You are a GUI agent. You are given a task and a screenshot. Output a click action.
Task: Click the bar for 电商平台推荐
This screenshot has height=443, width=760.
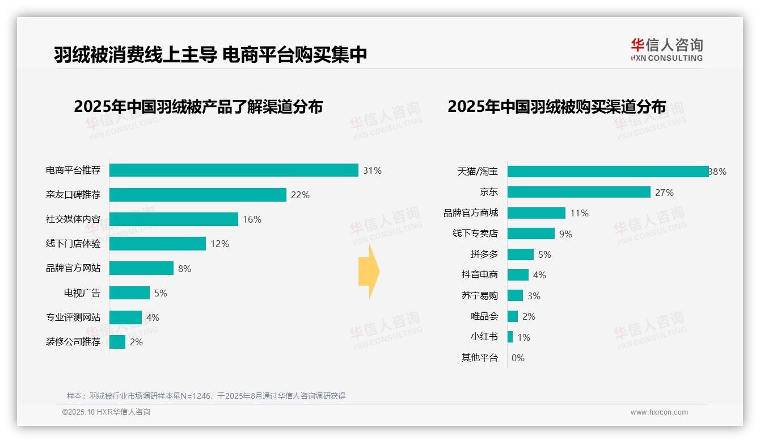click(x=234, y=170)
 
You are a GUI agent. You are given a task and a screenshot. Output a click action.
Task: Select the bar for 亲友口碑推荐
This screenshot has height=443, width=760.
click(x=198, y=195)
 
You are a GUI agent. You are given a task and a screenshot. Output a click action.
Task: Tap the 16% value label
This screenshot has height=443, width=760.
click(x=252, y=219)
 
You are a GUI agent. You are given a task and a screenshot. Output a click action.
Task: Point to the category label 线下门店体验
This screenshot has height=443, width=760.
click(x=73, y=244)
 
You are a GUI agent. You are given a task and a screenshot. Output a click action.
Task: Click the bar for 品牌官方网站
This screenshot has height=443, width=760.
click(x=141, y=268)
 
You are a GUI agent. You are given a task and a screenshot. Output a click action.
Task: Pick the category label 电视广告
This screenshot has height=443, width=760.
click(x=82, y=293)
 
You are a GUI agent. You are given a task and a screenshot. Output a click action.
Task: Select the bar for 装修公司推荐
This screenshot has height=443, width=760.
click(x=117, y=342)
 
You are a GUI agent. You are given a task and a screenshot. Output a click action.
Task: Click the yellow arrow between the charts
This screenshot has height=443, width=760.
click(x=369, y=272)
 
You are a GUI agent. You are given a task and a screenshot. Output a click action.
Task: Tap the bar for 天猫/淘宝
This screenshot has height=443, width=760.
click(x=608, y=172)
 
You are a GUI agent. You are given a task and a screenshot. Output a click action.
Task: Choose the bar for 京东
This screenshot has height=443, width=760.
click(x=579, y=192)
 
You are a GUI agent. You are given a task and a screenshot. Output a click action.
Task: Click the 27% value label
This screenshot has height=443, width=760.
click(x=664, y=193)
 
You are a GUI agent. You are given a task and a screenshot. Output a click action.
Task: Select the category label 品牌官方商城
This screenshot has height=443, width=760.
click(x=471, y=213)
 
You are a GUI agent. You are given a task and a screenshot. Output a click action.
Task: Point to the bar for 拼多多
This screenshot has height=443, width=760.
click(x=521, y=254)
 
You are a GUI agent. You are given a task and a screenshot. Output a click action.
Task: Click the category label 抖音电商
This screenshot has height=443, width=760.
click(x=480, y=275)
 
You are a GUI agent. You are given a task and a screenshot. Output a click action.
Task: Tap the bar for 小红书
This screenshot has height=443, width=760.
click(x=510, y=337)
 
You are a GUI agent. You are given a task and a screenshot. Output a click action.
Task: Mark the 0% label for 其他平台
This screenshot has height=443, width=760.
click(x=518, y=358)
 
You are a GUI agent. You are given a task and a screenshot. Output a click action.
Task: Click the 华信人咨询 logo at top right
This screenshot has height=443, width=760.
click(x=666, y=50)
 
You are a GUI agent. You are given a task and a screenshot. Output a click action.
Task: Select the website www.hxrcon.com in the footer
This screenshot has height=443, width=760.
click(x=659, y=412)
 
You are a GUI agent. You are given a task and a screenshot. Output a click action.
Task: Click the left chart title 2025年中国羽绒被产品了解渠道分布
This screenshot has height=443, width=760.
click(x=198, y=107)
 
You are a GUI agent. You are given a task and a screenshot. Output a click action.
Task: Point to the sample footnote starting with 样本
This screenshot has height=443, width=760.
click(x=206, y=396)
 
